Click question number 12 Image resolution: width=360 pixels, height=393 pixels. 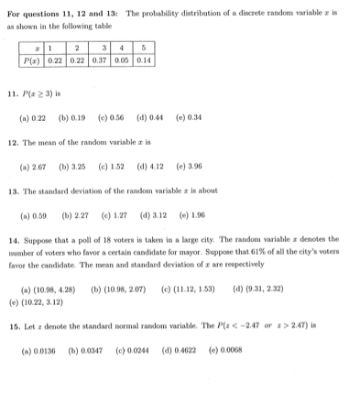click(x=12, y=144)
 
